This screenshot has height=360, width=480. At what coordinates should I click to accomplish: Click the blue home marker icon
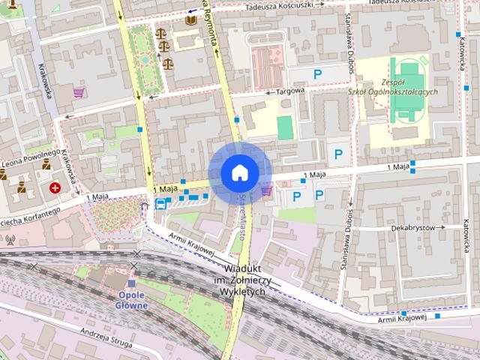point(239,172)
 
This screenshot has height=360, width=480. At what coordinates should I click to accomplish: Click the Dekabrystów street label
point(412,227)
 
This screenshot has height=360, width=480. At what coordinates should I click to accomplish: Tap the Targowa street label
point(292,91)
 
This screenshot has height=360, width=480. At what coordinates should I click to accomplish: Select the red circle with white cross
point(55,187)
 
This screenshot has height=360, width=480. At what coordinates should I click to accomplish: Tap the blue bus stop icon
point(160,202)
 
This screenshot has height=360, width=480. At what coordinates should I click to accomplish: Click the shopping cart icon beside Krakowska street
point(78,92)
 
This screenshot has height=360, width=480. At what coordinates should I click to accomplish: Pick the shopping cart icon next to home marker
point(267,192)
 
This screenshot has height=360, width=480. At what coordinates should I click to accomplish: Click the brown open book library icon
point(190,19)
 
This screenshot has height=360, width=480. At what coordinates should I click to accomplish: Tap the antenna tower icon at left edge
point(10,241)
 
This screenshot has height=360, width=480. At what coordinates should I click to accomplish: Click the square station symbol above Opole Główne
point(133,284)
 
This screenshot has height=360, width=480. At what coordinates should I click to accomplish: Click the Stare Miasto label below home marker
point(242,212)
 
